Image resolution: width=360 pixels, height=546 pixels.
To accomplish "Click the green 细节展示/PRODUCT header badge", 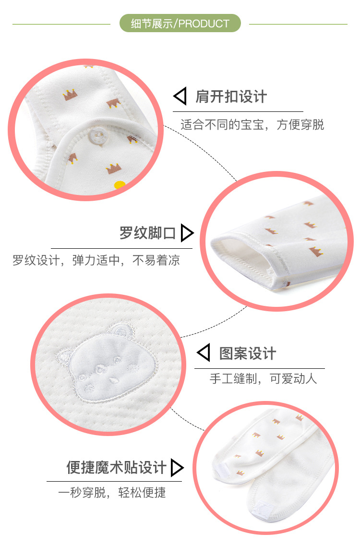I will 180,23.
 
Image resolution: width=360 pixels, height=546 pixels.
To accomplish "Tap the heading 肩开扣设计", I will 231,97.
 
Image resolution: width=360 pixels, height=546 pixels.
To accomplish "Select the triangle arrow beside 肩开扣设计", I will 180,97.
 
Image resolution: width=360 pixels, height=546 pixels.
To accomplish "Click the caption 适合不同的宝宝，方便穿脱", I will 252,125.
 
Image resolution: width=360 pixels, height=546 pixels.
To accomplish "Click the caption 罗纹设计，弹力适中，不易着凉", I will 96,261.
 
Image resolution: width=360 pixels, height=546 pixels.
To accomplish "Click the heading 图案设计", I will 248,353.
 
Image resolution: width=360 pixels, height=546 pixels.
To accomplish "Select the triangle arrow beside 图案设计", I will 204,353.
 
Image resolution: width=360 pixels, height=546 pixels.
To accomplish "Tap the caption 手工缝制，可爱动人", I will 264,378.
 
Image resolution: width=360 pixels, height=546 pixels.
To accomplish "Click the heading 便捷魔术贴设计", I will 117,467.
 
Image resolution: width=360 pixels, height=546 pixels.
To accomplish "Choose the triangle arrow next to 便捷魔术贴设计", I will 177,467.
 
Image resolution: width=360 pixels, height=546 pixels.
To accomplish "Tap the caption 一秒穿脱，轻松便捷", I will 112,493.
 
